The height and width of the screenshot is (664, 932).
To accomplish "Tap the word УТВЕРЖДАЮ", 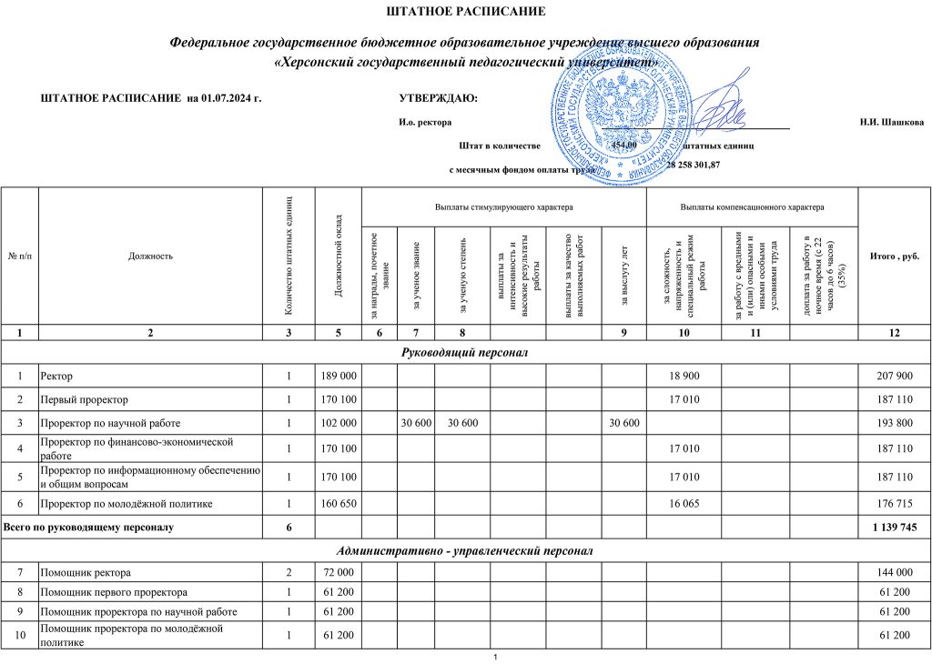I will pos(438,98).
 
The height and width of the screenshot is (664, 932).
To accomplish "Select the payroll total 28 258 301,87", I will pos(694,166).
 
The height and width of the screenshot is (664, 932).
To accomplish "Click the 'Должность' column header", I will pos(151,257).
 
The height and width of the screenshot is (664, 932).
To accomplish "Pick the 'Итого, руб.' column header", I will pos(895,257).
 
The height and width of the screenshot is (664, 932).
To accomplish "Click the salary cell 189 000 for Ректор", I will pos(339,376).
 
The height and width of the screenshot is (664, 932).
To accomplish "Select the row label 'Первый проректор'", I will pos(84,399).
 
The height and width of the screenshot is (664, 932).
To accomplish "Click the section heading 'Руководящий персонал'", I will pos(465,351).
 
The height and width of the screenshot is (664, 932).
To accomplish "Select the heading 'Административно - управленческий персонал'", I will pos(465,550).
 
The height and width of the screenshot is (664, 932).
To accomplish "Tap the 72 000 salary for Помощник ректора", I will pos(339,573).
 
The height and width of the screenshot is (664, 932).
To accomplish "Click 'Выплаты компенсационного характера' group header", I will pos(752,207).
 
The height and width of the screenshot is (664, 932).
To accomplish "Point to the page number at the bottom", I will pos(492,657).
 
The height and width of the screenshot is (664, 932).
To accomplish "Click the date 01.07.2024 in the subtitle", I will pos(229,98).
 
